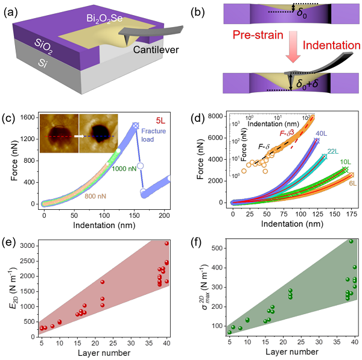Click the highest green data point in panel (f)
[x=351, y=241]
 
